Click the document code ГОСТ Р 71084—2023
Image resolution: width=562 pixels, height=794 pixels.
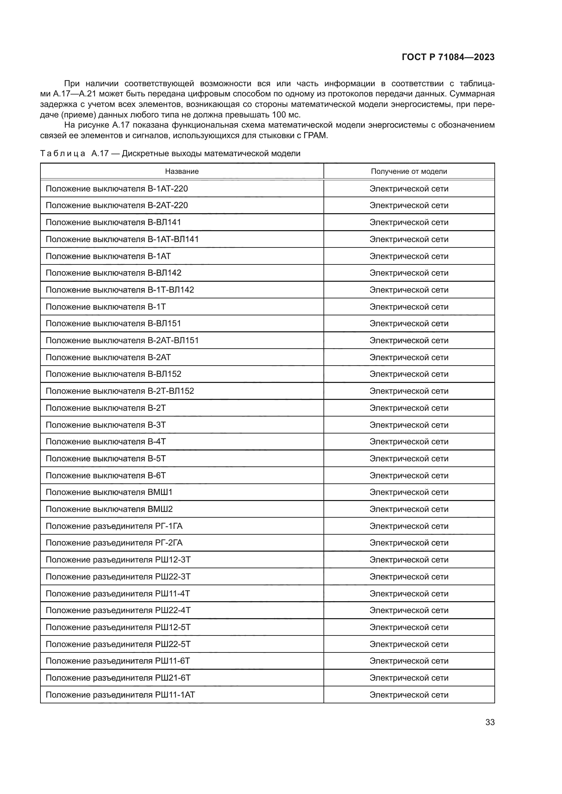(x=448, y=57)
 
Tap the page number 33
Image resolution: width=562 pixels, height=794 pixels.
(x=490, y=722)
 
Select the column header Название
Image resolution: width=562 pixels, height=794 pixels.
(x=182, y=171)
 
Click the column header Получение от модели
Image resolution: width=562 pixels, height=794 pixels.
(x=409, y=171)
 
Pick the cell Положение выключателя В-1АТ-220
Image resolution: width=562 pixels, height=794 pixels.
(x=117, y=188)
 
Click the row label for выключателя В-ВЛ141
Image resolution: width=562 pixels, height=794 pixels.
(x=113, y=222)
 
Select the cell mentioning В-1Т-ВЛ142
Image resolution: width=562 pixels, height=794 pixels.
(x=120, y=290)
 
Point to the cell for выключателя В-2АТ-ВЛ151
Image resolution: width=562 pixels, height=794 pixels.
(x=122, y=340)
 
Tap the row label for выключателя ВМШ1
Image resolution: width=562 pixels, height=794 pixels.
(x=109, y=492)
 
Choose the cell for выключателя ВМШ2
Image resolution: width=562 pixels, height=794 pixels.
(x=109, y=509)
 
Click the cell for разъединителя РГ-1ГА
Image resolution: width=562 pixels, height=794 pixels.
(x=114, y=526)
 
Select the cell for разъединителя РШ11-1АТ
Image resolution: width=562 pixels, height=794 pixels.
(x=120, y=695)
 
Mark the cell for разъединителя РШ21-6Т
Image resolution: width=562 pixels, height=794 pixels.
(x=118, y=678)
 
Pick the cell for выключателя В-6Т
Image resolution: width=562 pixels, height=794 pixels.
(x=106, y=476)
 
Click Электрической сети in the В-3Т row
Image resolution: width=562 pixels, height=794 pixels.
(x=409, y=425)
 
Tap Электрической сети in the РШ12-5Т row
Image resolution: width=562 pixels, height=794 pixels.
(x=409, y=627)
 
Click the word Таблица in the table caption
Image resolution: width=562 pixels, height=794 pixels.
(x=63, y=153)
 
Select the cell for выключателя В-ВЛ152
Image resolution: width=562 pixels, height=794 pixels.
(x=113, y=374)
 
